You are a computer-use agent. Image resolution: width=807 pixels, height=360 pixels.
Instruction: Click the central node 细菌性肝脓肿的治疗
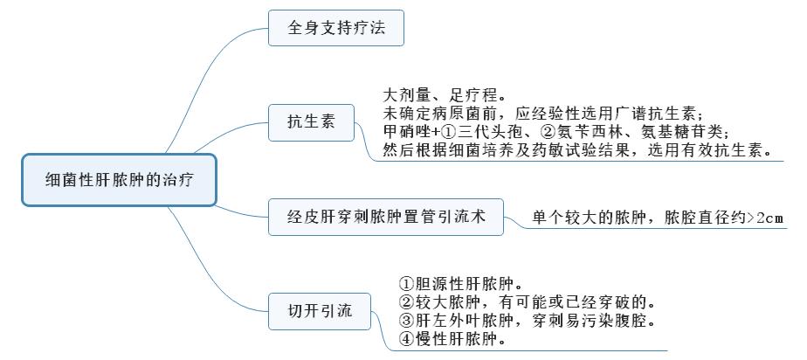(119, 181)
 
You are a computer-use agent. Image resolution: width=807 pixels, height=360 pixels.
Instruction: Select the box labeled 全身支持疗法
(336, 28)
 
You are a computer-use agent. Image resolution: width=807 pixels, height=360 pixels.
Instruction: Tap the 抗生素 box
(312, 121)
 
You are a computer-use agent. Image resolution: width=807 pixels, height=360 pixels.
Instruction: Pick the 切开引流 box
(321, 311)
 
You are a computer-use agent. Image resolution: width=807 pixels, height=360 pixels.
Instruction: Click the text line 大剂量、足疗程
(444, 93)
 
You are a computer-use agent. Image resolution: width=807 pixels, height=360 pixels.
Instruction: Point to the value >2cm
(765, 218)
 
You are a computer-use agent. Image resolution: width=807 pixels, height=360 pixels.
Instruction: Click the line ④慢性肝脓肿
(451, 339)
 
